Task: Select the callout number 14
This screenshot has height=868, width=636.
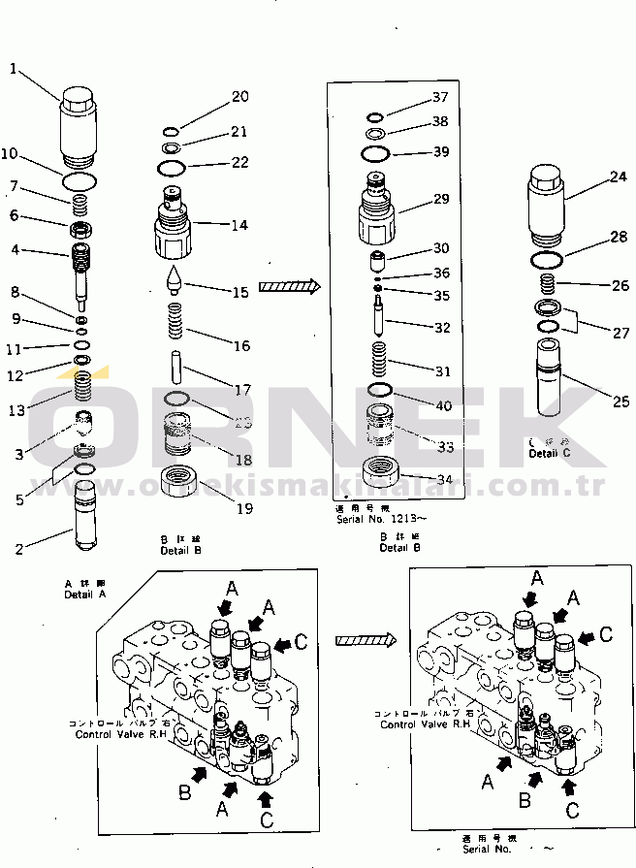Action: click(x=238, y=225)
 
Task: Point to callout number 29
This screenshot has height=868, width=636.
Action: click(x=441, y=199)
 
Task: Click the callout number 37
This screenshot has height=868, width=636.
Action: click(x=440, y=97)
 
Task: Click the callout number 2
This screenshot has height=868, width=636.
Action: click(x=18, y=550)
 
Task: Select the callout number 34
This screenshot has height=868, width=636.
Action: click(x=445, y=479)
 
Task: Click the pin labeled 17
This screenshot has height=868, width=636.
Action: click(x=175, y=370)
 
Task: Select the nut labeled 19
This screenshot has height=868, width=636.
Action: click(x=180, y=479)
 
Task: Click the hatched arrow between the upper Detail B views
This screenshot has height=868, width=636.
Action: click(x=289, y=285)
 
